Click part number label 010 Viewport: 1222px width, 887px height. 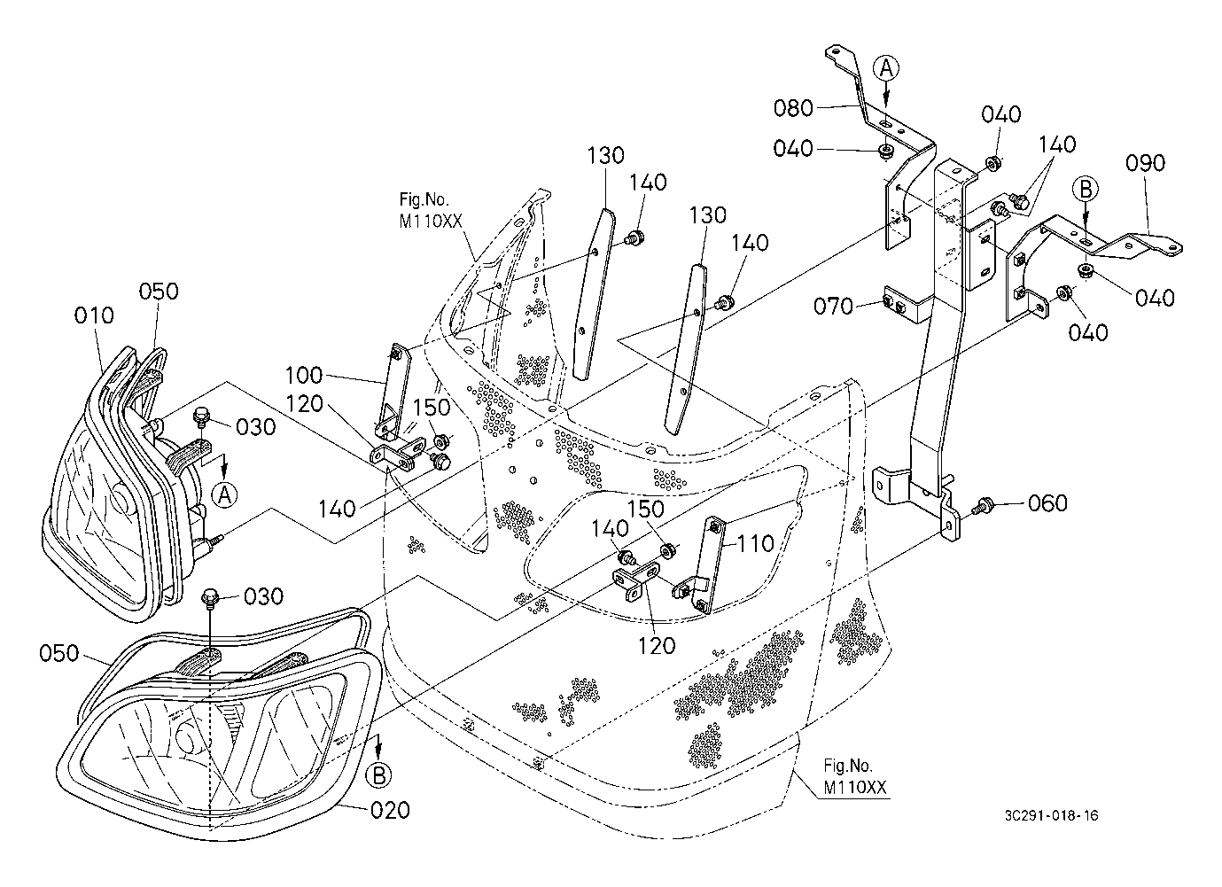coord(95,315)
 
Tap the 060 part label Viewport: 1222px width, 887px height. coord(1047,504)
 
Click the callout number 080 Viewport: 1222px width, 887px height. coord(793,108)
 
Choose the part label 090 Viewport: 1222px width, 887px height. coord(1146,163)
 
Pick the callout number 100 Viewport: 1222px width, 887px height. coord(304,374)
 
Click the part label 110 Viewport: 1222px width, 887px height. coord(757,543)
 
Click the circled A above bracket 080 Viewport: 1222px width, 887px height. coord(888,67)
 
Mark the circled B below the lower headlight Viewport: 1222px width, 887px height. coord(377,775)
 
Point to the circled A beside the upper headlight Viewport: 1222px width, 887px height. coord(225,494)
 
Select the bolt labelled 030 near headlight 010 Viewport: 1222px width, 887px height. coord(202,413)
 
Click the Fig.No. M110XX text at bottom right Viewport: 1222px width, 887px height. coord(853,775)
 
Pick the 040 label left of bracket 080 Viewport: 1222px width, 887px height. coord(793,148)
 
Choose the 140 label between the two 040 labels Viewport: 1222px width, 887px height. coord(1057,144)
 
